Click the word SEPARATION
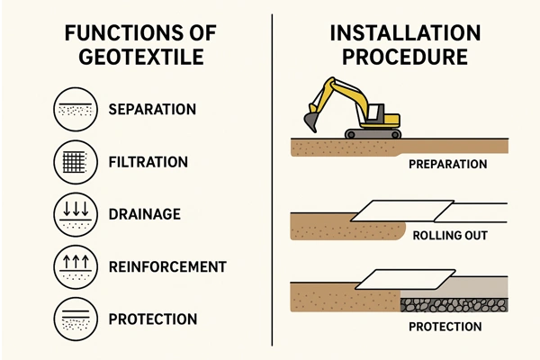(x=151, y=111)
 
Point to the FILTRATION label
(x=148, y=163)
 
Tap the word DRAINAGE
(x=144, y=215)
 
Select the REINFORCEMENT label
(x=166, y=267)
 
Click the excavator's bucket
(x=311, y=121)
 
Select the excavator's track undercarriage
(x=371, y=133)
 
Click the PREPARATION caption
(x=447, y=165)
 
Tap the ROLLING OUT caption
(x=448, y=237)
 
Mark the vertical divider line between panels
(x=272, y=180)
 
